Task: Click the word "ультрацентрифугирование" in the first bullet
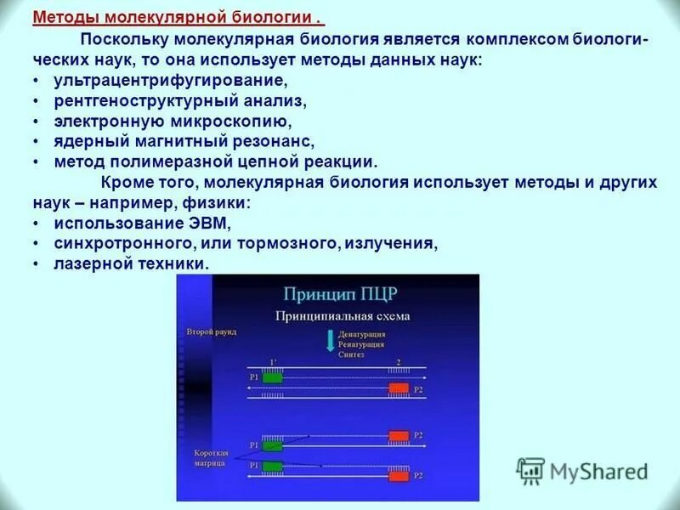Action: [171, 81]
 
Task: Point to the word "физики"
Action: [224, 203]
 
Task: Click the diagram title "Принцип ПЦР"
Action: [340, 294]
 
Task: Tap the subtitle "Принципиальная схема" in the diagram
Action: [342, 316]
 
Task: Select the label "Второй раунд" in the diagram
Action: [212, 331]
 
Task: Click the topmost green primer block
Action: [272, 377]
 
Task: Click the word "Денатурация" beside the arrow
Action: [361, 334]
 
